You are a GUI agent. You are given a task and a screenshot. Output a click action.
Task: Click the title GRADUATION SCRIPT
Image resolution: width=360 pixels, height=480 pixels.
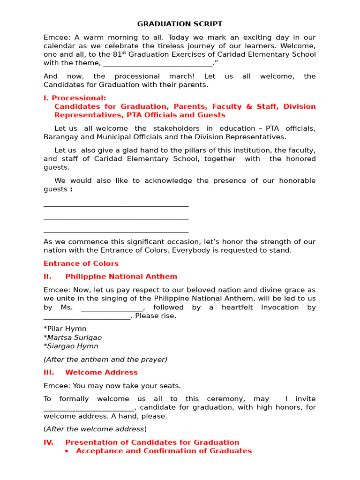(x=180, y=24)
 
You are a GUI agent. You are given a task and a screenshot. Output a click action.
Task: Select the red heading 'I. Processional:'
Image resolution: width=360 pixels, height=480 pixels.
(x=75, y=98)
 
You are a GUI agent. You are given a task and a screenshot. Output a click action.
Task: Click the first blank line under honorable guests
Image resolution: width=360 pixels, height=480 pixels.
(x=116, y=205)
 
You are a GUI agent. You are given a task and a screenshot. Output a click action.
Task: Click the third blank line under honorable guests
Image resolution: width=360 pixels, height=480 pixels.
(x=116, y=232)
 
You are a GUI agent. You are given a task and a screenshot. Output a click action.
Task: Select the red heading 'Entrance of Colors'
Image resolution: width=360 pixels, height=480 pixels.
(x=81, y=263)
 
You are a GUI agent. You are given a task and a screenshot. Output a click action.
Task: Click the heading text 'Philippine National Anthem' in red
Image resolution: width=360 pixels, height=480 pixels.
(x=121, y=277)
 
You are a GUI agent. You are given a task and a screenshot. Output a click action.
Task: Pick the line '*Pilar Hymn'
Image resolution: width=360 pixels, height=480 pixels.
(x=65, y=329)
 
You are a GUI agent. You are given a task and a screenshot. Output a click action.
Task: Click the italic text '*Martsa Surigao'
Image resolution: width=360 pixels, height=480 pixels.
(x=73, y=337)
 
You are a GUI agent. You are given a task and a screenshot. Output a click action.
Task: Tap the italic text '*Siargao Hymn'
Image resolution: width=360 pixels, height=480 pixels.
(x=71, y=346)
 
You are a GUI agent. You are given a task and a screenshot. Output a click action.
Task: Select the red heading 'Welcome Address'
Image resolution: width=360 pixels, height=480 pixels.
(x=101, y=373)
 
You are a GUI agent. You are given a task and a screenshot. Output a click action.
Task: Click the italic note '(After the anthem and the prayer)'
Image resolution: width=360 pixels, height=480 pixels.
(x=105, y=360)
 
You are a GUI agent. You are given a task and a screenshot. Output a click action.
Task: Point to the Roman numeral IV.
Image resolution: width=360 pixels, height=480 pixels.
(x=48, y=442)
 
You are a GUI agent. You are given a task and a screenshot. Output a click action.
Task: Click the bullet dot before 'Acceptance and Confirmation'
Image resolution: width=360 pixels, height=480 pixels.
(x=67, y=451)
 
